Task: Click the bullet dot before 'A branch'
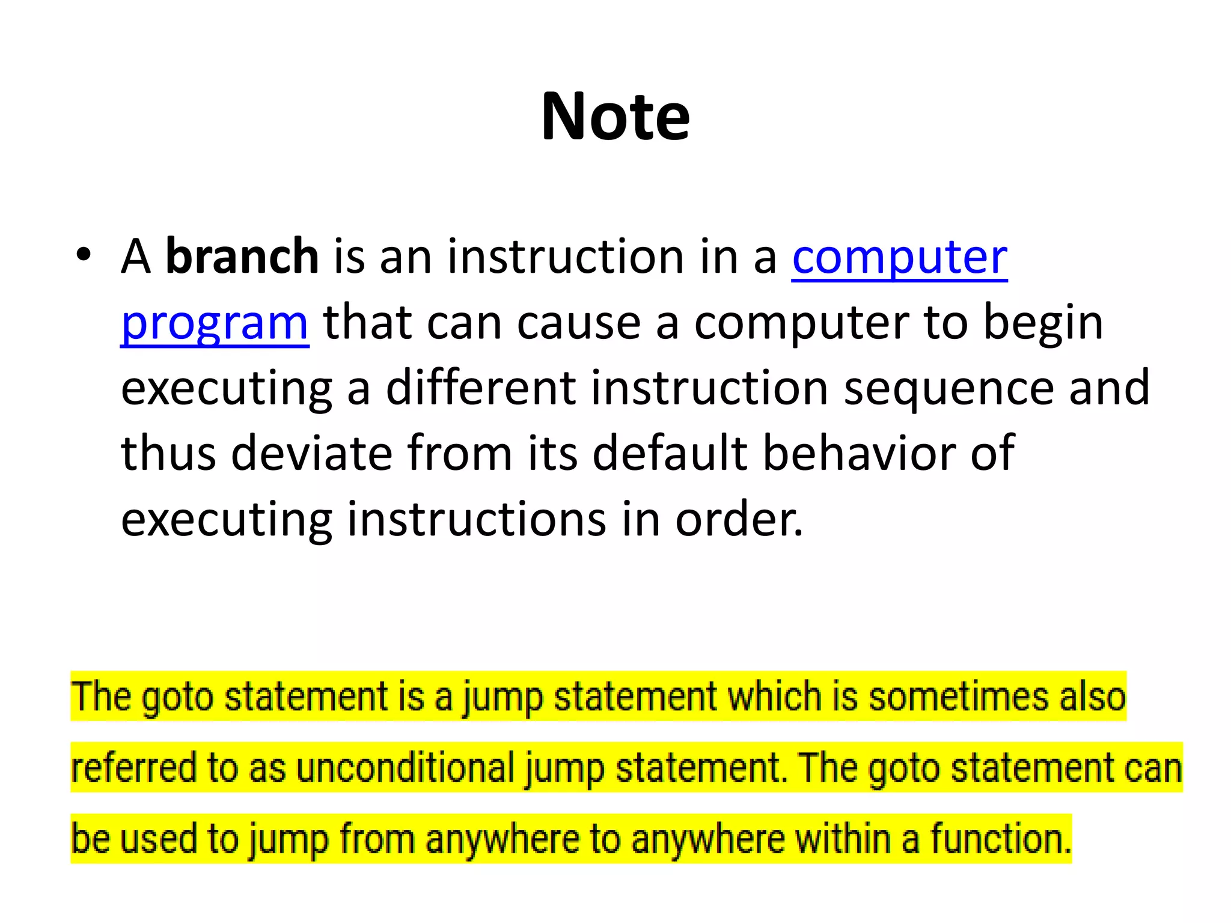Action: click(84, 255)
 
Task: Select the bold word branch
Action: click(242, 257)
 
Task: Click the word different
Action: click(480, 388)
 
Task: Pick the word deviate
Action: click(312, 453)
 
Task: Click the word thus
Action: click(168, 453)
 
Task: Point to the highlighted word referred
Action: click(133, 768)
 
